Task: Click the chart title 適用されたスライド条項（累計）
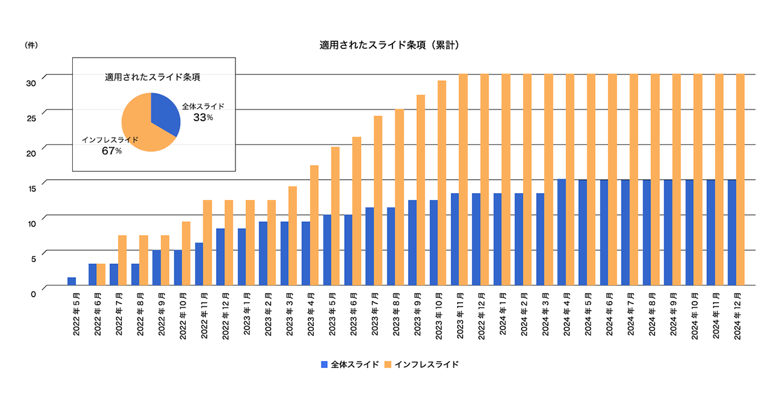pyautogui.click(x=390, y=45)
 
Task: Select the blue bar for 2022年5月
pyautogui.click(x=72, y=281)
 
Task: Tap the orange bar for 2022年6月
pyautogui.click(x=101, y=275)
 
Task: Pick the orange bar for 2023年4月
pyautogui.click(x=315, y=226)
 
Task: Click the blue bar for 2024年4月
pyautogui.click(x=561, y=232)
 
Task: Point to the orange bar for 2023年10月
pyautogui.click(x=442, y=183)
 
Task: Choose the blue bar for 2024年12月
pyautogui.click(x=732, y=232)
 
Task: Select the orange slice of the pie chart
pyautogui.click(x=141, y=129)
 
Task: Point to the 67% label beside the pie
pyautogui.click(x=112, y=150)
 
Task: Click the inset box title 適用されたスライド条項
pyautogui.click(x=153, y=78)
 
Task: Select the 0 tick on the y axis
pyautogui.click(x=33, y=292)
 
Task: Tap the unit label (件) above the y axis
pyautogui.click(x=30, y=45)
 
